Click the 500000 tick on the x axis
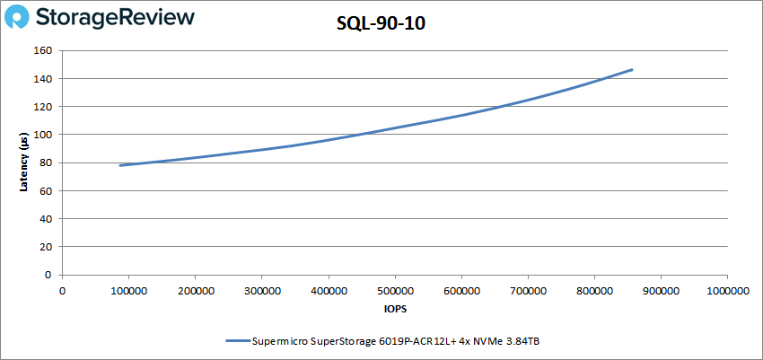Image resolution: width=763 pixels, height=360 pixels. coord(394,291)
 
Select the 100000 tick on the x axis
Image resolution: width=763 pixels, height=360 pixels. coord(128,291)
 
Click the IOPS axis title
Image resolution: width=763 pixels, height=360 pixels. coord(394,309)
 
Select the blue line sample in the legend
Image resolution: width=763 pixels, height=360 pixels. coord(237,341)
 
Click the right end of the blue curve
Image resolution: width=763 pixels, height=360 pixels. coord(632,69)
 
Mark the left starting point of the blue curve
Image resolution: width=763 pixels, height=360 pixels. coord(119,165)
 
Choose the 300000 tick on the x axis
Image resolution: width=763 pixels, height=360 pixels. coord(261,291)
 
